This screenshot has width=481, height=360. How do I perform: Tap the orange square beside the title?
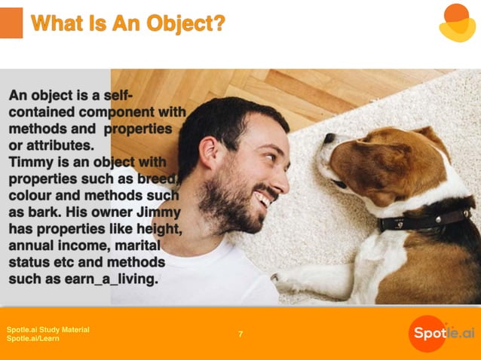point(11,23)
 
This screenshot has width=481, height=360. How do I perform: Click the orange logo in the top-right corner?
point(456,23)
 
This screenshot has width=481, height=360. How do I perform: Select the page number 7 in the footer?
point(240,334)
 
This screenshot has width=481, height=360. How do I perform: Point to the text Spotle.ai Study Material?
point(48,329)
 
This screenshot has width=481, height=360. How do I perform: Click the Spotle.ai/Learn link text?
point(33,339)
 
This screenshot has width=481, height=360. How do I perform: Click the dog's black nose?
point(329,139)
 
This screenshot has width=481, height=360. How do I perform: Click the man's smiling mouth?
point(263,199)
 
